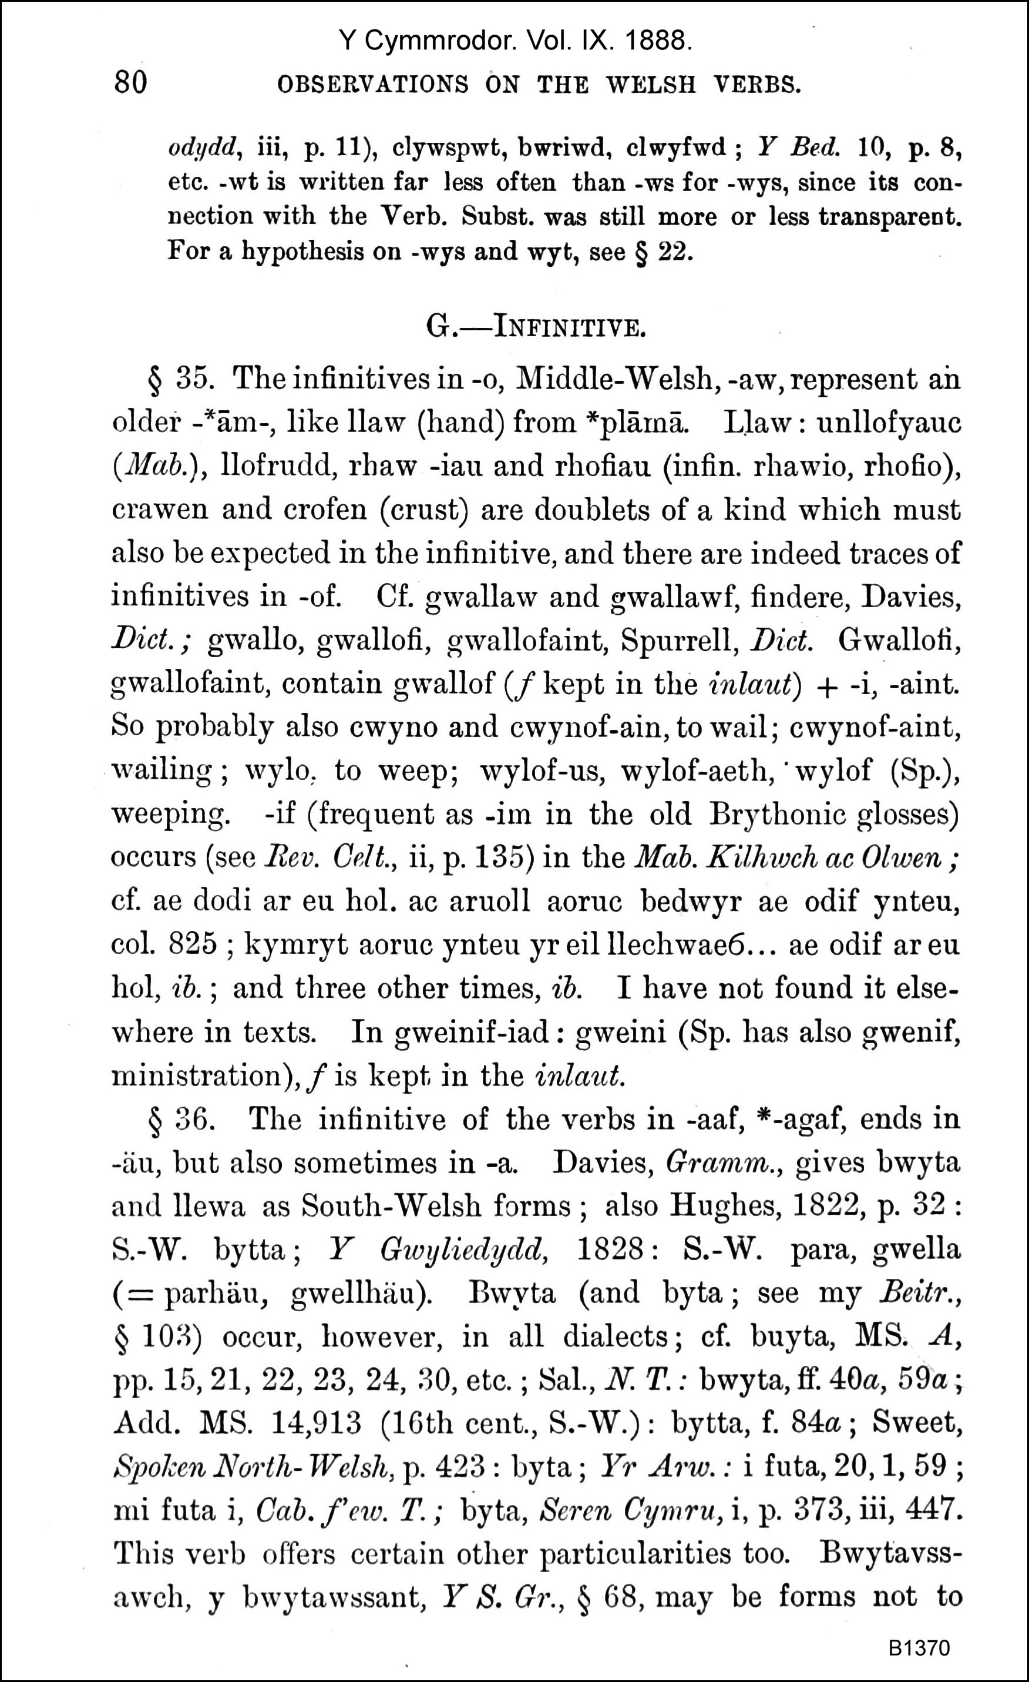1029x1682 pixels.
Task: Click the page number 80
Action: tap(130, 83)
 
